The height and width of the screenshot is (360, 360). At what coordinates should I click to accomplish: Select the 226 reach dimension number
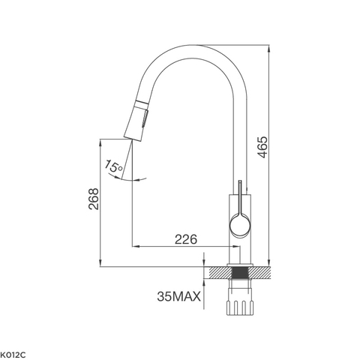coord(185,239)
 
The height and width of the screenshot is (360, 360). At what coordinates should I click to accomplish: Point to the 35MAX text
coord(178,298)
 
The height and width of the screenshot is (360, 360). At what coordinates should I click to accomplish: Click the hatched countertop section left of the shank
coord(219,273)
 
